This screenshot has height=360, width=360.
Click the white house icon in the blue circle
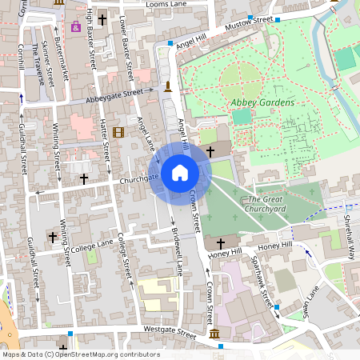(180, 172)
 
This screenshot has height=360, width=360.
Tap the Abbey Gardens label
(262, 103)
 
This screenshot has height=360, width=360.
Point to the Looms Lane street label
(167, 5)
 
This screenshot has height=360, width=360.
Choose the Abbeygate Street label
(112, 96)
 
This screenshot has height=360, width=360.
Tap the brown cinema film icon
(118, 132)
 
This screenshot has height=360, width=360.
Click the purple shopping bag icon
(76, 26)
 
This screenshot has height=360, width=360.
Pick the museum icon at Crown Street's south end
(214, 334)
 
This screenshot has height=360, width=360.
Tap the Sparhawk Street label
(262, 284)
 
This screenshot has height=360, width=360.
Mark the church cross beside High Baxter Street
(102, 19)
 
